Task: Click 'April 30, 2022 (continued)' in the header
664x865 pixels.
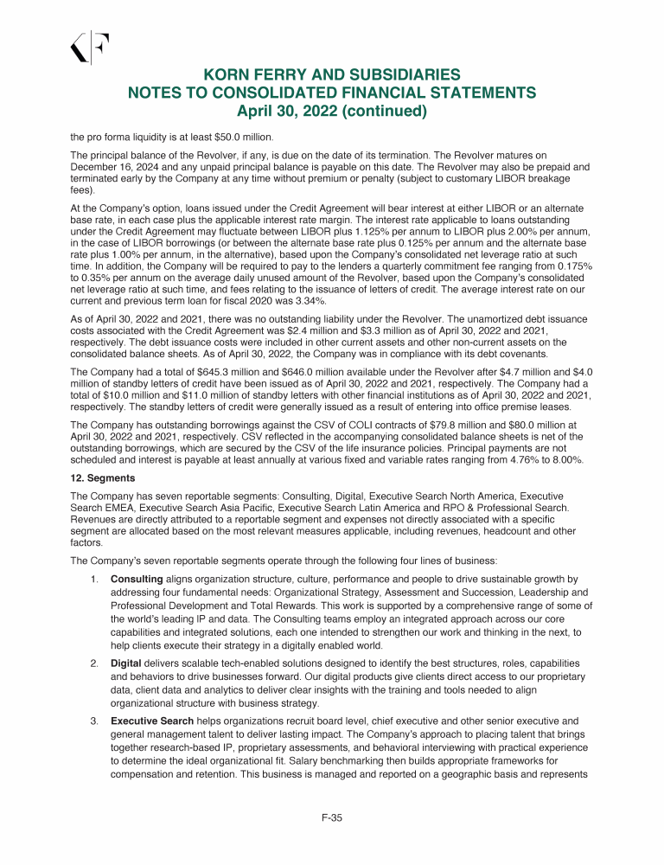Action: click(x=332, y=111)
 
